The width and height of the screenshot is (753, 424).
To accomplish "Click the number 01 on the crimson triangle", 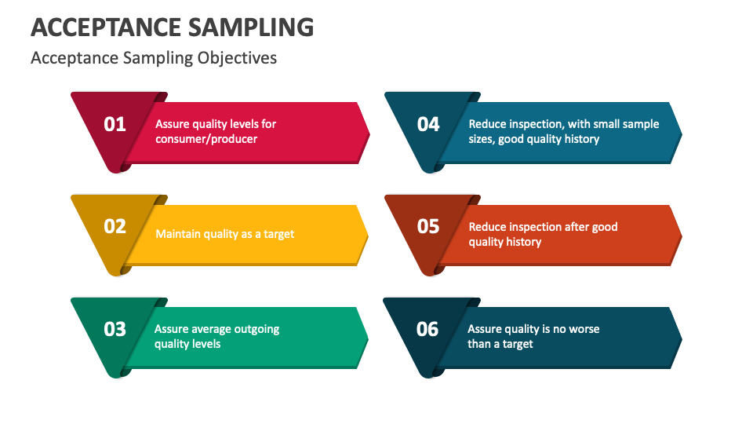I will [115, 124].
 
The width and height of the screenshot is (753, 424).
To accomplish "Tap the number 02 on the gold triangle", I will [115, 226].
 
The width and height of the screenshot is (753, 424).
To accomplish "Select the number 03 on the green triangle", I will [115, 329].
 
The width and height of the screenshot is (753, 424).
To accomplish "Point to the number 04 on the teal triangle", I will [428, 124].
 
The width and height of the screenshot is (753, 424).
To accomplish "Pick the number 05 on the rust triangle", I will [428, 226].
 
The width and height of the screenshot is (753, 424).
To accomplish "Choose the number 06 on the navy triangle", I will [427, 329].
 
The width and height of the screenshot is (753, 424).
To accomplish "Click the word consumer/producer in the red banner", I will [206, 139].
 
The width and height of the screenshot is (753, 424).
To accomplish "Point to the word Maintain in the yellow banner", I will [178, 234].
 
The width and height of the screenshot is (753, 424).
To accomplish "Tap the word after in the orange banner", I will [577, 227].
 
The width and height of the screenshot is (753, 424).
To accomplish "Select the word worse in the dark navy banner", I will [583, 329].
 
